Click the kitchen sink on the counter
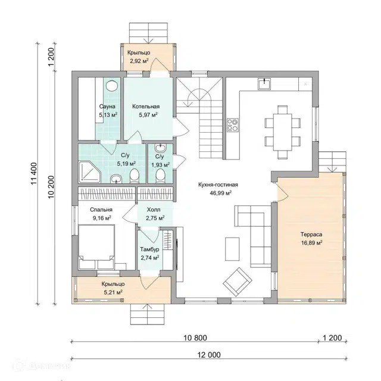[264, 84]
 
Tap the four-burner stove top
[233, 125]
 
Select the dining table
[282, 132]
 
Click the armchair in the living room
[238, 282]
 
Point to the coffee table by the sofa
[232, 249]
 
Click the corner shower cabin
[89, 171]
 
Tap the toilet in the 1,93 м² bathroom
[160, 176]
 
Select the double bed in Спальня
[96, 247]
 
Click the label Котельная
[146, 107]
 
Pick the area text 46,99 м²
[220, 193]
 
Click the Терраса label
[311, 235]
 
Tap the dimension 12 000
[209, 355]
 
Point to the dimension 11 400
[34, 174]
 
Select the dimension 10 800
[195, 338]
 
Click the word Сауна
[107, 107]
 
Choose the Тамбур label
[149, 249]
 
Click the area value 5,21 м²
[113, 292]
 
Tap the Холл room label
[154, 210]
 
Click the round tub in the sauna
[113, 86]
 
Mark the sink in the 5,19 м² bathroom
[117, 179]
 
